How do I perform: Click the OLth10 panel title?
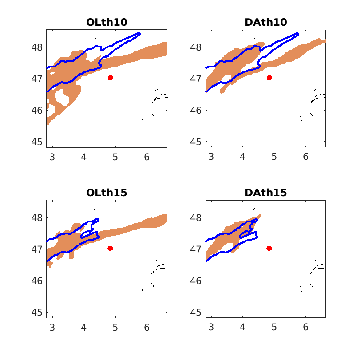(x=107, y=22)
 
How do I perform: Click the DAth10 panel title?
(x=265, y=22)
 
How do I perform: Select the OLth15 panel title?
(x=107, y=193)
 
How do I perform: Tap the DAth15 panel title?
(x=265, y=193)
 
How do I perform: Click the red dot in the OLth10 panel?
(x=110, y=78)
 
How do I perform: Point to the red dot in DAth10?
(x=269, y=78)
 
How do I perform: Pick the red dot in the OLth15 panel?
(x=110, y=248)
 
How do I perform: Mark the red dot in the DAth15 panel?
(x=269, y=248)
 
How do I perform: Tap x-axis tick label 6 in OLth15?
(x=147, y=328)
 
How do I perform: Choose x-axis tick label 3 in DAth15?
(x=211, y=328)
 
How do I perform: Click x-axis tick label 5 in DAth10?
(x=274, y=157)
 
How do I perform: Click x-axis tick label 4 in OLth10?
(x=84, y=157)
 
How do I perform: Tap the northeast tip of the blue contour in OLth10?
(x=139, y=34)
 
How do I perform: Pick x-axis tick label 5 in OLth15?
(x=115, y=328)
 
